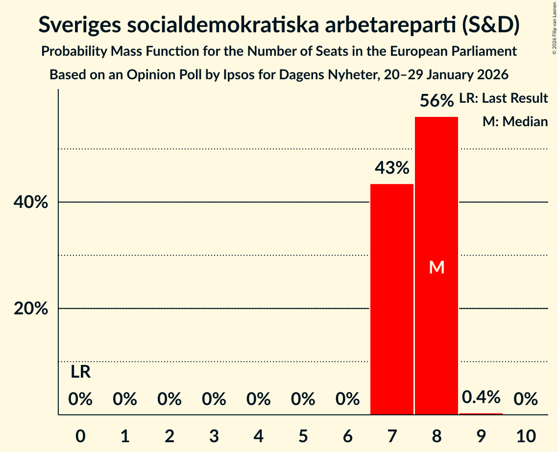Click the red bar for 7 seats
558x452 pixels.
[391, 299]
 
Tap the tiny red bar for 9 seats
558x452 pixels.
[481, 414]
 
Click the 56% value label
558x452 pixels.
[437, 101]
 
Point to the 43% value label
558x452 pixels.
[392, 168]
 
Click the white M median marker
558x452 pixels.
[437, 267]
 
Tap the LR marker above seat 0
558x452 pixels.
[80, 372]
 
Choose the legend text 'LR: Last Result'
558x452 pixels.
[503, 98]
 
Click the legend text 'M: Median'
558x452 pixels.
[515, 121]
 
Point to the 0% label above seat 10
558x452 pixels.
[526, 400]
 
